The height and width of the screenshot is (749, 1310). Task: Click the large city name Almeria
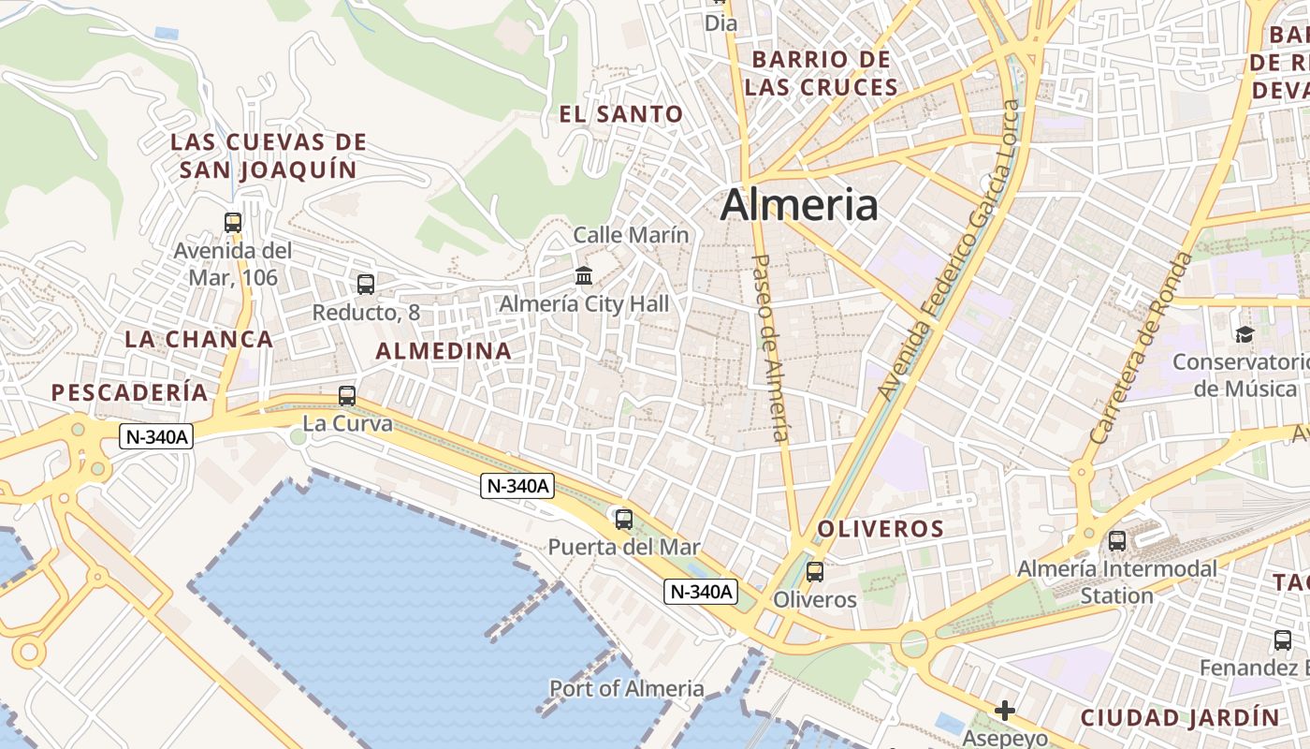click(799, 205)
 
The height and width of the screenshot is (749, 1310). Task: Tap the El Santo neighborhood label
click(621, 115)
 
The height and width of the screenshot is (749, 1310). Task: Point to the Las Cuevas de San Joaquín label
click(269, 156)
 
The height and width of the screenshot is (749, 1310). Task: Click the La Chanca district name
click(199, 339)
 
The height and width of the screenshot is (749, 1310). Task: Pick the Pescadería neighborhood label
click(130, 392)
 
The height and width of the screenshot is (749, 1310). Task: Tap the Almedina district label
click(444, 351)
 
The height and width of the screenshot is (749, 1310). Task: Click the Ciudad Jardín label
click(1180, 718)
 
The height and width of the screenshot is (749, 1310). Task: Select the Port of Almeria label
click(626, 689)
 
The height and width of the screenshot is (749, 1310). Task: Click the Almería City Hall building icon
click(585, 275)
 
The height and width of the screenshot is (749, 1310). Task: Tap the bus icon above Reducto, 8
click(366, 284)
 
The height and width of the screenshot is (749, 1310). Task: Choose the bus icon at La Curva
click(347, 396)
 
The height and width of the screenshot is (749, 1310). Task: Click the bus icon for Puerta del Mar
click(624, 519)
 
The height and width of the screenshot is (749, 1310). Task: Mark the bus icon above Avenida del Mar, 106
click(233, 223)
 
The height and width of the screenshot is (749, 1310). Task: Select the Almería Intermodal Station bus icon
click(1117, 540)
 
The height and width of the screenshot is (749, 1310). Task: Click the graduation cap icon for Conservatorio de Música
click(1244, 334)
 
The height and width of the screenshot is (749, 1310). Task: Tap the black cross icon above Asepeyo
click(1005, 711)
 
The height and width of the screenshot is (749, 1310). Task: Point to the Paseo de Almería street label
click(771, 347)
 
